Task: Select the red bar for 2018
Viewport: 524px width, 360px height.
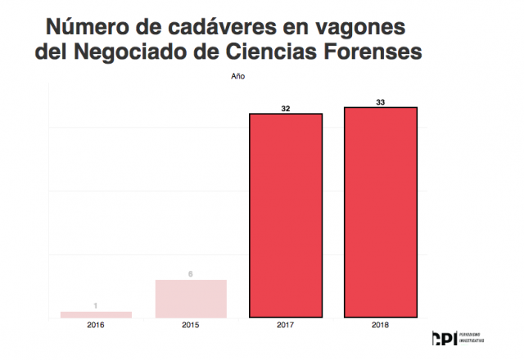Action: point(381,212)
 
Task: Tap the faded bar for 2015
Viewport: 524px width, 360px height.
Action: point(191,298)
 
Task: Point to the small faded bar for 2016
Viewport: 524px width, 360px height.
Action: point(96,314)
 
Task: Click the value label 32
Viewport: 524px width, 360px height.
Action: point(286,107)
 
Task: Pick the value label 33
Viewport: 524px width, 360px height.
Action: point(381,101)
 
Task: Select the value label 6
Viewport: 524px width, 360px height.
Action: point(191,274)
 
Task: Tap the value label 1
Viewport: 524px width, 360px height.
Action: point(96,306)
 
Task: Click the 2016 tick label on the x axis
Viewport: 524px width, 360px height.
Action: point(96,326)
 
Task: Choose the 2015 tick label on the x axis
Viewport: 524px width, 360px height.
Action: point(191,326)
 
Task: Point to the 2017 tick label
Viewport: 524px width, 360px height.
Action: point(286,326)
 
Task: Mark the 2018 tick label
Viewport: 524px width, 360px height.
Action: point(381,326)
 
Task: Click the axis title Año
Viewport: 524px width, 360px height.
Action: point(237,77)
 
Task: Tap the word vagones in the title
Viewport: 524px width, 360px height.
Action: point(361,27)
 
